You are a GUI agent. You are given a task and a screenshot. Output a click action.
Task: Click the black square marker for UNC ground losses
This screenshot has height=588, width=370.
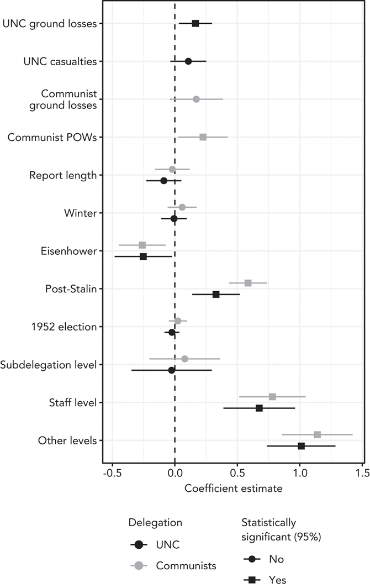[x=195, y=23]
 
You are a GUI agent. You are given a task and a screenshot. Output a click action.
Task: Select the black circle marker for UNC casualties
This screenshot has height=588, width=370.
[x=188, y=61]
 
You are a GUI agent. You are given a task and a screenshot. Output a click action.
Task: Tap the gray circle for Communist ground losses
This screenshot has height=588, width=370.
[x=196, y=99]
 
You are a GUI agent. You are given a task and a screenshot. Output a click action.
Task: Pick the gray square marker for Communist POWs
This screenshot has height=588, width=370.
[x=203, y=137]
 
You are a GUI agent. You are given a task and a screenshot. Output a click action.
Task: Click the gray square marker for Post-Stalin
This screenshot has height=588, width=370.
[x=248, y=283]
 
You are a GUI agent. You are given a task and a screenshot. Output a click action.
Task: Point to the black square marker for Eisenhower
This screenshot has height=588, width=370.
[x=143, y=256]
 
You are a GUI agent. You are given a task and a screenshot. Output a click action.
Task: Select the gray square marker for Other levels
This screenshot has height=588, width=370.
[x=317, y=434]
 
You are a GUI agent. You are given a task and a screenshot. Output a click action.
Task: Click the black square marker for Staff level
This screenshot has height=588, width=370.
[x=259, y=408]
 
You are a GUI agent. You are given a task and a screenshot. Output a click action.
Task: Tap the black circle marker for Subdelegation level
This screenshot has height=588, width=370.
[x=171, y=370]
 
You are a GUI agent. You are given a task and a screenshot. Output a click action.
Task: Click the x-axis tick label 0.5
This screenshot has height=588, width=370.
[x=237, y=474]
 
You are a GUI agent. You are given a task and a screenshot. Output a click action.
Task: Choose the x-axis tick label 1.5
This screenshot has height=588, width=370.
[x=362, y=474]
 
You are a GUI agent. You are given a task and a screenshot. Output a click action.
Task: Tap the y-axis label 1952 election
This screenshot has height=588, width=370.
[x=65, y=327]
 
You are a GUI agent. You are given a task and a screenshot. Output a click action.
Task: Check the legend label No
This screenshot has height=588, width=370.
[x=277, y=559]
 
